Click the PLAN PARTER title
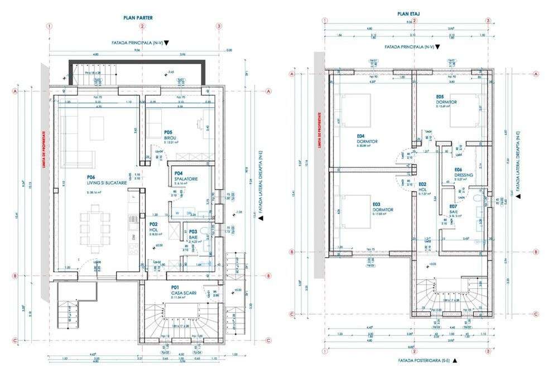pos(138,17)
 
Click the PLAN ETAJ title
pos(408,13)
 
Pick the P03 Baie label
pos(193,234)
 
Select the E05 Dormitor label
pos(447,99)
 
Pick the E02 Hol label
pos(422,187)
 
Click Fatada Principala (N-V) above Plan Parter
pos(138,42)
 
